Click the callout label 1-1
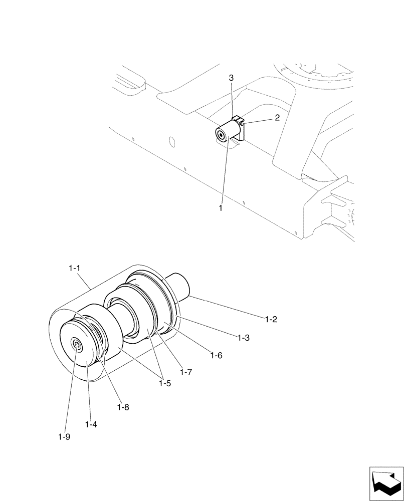(x=74, y=269)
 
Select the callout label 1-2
(x=271, y=319)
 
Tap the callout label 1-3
(x=243, y=338)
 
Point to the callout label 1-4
(x=91, y=424)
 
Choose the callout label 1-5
(x=164, y=383)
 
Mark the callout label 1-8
(x=123, y=407)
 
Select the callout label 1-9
(x=64, y=436)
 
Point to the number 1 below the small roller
(x=220, y=207)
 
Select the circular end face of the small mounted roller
(x=220, y=135)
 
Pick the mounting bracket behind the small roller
(x=241, y=129)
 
